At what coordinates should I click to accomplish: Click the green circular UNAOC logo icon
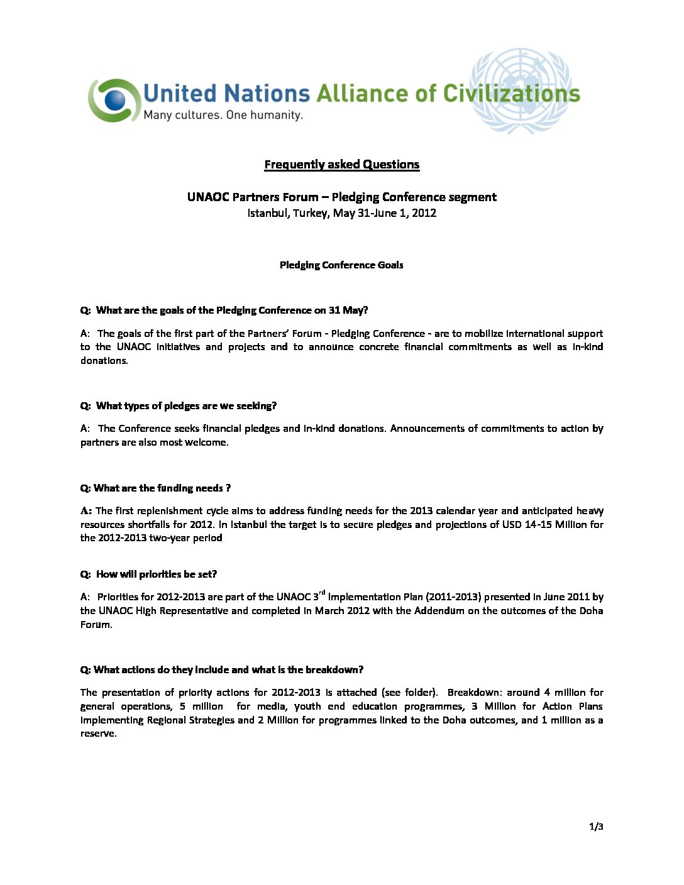pos(114,100)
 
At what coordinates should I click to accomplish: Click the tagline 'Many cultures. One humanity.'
pos(223,115)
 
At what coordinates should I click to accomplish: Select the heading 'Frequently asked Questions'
pos(341,165)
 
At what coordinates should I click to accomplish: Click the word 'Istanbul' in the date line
pos(268,213)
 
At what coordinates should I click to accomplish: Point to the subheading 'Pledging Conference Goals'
pos(341,265)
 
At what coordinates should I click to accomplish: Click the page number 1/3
pos(596,827)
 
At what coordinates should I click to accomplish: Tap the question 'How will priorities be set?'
pos(156,574)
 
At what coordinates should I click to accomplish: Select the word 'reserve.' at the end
pos(99,734)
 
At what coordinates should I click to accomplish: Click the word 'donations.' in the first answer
pos(104,361)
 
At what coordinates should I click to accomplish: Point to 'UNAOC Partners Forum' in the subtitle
pos(253,197)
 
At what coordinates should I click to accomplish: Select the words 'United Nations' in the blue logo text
pos(227,94)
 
